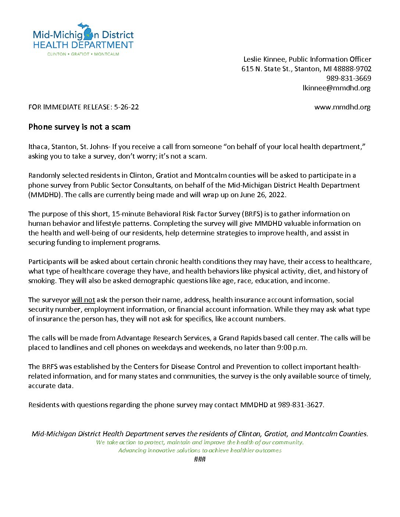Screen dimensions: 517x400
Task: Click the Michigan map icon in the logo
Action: point(89,33)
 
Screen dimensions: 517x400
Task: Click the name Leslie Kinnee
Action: point(264,59)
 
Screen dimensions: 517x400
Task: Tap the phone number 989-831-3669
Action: point(349,79)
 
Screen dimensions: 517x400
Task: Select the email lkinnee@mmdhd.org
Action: point(336,88)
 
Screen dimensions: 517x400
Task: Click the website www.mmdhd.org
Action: point(342,107)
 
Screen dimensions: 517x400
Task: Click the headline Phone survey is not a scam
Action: point(79,127)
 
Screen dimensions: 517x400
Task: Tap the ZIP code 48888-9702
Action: point(352,69)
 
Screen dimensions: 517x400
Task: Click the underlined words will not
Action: point(83,300)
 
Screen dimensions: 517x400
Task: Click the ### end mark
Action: point(200,459)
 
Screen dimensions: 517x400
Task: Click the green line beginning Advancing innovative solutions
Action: point(200,451)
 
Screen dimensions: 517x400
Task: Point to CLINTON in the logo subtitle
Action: point(57,54)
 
